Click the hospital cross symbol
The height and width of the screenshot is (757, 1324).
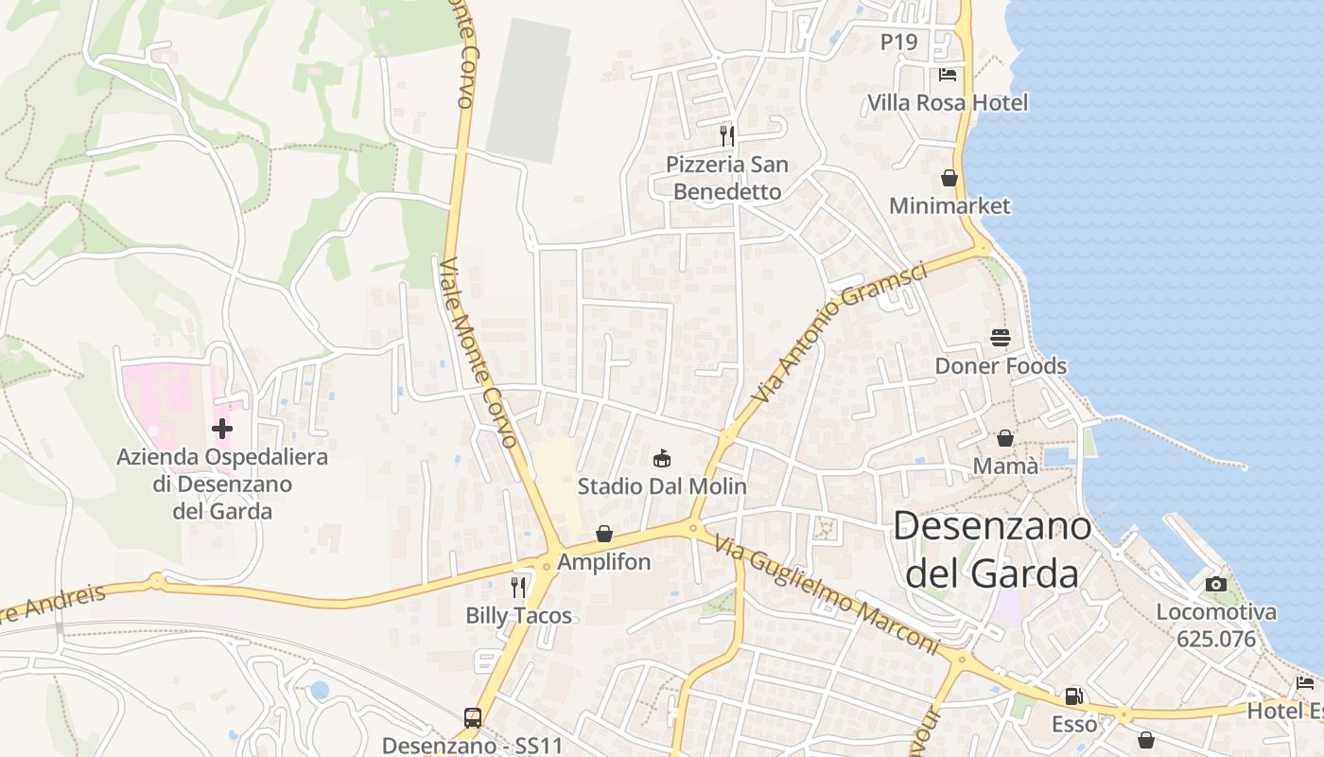pos(222,429)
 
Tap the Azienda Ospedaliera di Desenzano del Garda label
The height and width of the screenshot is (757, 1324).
pos(222,484)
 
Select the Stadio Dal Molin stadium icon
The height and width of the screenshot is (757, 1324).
pos(662,459)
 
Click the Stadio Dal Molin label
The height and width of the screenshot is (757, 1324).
pos(662,486)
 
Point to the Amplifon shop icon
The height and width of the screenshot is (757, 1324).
pos(603,535)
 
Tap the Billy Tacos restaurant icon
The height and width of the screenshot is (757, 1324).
pos(518,588)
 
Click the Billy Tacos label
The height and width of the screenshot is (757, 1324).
pos(518,616)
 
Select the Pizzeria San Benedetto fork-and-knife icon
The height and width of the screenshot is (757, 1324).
pos(726,135)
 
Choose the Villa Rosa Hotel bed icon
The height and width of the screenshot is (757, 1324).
pos(948,74)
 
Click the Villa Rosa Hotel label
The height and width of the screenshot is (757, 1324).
pos(948,102)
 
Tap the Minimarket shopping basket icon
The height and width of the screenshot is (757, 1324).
pos(949,178)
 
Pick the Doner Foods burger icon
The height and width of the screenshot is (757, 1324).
pos(1001,337)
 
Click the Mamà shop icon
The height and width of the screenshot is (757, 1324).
pos(1005,438)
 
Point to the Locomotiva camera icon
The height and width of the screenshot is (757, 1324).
pos(1216,584)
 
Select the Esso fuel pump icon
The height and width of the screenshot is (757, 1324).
pos(1073,696)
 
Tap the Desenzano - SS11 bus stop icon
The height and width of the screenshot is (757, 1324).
pos(473,718)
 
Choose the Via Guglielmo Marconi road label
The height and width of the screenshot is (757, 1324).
pos(826,596)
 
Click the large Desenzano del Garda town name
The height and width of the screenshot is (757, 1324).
pos(991,549)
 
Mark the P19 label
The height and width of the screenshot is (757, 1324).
pos(898,42)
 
